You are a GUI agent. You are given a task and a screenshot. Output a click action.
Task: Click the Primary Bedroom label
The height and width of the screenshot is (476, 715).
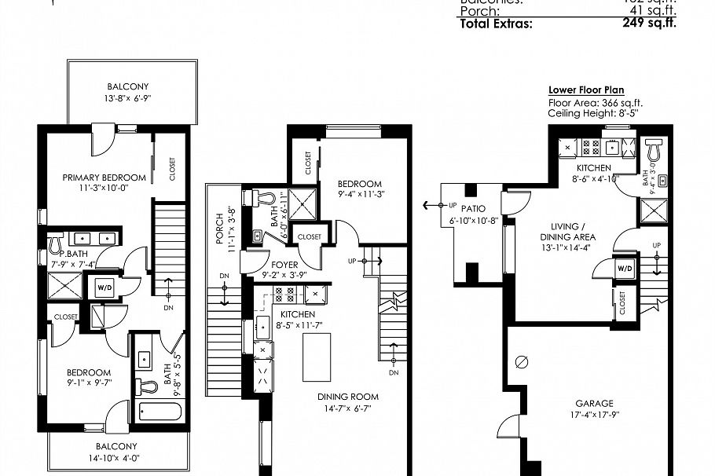tap(104, 178)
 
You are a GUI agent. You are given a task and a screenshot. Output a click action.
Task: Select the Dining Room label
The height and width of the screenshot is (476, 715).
tap(348, 397)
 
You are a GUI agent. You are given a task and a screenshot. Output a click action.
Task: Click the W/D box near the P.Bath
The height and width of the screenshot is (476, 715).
tap(105, 287)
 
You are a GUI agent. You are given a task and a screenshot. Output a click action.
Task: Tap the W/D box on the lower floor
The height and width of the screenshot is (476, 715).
tap(625, 269)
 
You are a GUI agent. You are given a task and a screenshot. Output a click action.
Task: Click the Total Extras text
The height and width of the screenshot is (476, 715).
tap(495, 23)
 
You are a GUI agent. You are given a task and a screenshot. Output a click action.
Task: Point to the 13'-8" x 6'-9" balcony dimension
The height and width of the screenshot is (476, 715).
tap(128, 98)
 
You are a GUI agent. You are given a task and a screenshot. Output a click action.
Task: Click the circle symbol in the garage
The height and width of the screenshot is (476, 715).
tap(520, 362)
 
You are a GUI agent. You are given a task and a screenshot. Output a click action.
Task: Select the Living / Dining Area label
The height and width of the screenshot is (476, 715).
tap(567, 232)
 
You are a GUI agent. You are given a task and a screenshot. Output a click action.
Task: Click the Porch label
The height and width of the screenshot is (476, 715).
tap(219, 228)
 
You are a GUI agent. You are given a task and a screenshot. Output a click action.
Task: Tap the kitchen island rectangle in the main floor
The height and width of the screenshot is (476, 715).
tap(316, 357)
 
